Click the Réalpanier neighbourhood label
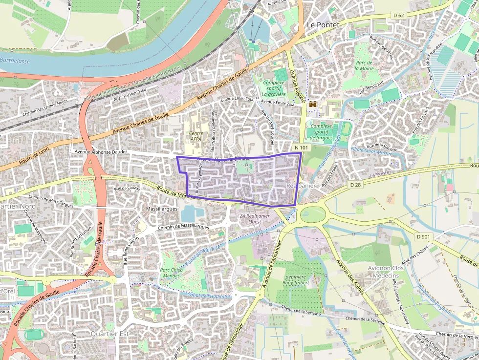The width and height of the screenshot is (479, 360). click(x=302, y=186)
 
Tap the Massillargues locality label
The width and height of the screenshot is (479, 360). click(x=162, y=209)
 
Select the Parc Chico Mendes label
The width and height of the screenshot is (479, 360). click(x=171, y=273)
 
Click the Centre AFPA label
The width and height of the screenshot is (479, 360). click(x=196, y=136)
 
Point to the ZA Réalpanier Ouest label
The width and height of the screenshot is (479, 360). click(x=255, y=218)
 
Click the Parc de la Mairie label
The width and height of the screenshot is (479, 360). click(x=365, y=65)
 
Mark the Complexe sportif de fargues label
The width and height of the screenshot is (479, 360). click(x=321, y=131)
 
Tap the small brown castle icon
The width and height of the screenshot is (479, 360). click(x=312, y=104)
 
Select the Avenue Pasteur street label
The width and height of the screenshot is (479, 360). click(x=298, y=86)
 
